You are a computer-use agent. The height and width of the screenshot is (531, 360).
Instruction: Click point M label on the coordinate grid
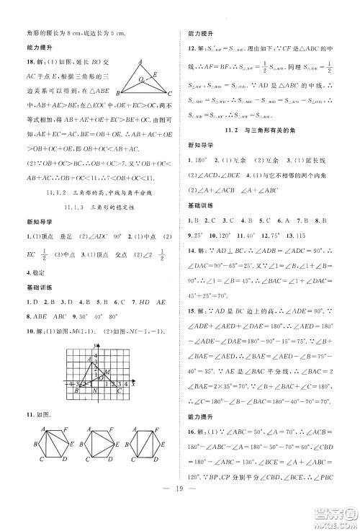tap(107, 372)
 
